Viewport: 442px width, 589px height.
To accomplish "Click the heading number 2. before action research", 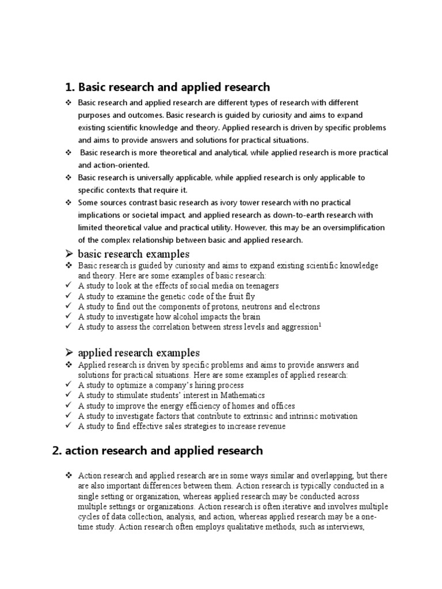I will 56,450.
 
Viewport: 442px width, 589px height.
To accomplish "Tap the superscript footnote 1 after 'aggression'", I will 321,325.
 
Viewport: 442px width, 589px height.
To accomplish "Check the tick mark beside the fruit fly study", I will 68,296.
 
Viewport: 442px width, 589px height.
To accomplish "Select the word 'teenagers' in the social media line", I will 261,286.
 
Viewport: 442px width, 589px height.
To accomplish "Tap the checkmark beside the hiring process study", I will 68,385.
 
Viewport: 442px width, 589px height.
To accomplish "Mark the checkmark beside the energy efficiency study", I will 68,406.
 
